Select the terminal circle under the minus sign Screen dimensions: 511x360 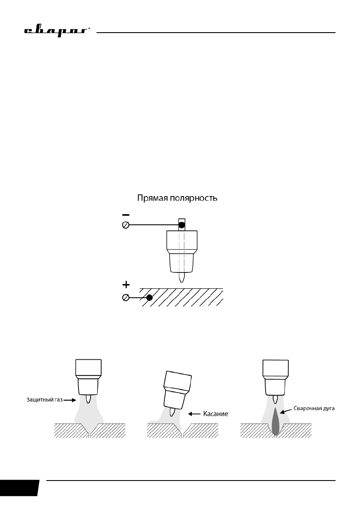(125, 225)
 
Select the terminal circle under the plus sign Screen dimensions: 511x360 (125, 297)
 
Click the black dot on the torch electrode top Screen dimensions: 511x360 (182, 224)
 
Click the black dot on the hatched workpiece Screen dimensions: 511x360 (149, 297)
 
